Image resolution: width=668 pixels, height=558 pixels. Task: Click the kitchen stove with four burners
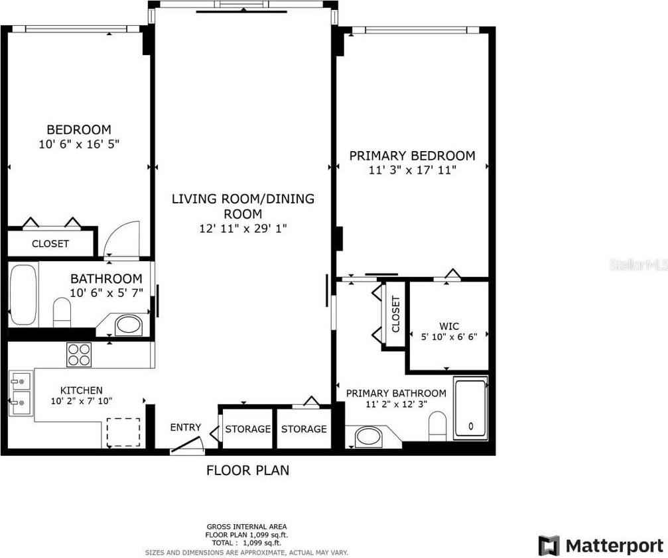(79, 355)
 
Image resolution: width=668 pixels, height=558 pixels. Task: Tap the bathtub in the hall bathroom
(23, 294)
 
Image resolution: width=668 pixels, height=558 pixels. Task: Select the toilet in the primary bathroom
(437, 426)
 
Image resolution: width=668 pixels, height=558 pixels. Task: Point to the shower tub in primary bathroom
(470, 408)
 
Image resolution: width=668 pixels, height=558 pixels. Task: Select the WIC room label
(449, 326)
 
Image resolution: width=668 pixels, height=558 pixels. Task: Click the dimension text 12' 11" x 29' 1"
(243, 229)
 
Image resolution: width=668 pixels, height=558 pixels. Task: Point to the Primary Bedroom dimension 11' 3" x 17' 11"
(413, 170)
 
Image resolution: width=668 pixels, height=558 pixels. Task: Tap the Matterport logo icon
(549, 545)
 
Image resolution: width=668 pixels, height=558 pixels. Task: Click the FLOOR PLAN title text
(247, 471)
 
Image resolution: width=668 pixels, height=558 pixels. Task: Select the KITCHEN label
(82, 390)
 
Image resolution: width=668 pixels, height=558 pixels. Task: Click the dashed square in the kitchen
(123, 433)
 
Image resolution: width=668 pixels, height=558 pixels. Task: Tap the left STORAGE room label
(248, 429)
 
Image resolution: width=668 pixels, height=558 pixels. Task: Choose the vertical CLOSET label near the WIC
(395, 314)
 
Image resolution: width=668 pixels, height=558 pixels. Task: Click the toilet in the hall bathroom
(62, 311)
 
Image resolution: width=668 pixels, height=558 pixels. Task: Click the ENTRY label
(185, 427)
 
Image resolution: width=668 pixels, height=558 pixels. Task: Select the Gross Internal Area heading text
(247, 526)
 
